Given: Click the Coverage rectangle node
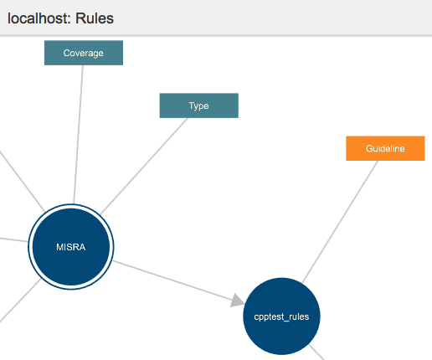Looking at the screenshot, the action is pos(84,53).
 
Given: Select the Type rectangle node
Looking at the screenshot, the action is pos(199,105).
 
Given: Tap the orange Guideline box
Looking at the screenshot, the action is pos(385,148).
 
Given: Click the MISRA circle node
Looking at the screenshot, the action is pos(71,247).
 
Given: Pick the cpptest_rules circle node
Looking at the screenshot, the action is pos(281,316).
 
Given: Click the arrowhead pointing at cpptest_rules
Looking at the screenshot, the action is pos(237,301).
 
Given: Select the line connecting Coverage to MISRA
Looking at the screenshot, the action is pos(79,135).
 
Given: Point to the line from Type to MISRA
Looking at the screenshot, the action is pos(144,166).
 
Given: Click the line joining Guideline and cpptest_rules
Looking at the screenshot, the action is pos(340,222).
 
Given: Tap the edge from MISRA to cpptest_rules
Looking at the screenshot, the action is pos(178,282).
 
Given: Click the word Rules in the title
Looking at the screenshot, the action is pos(95,18).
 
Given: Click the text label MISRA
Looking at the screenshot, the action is pos(71,247).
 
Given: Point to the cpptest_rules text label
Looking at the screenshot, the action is pos(281,316).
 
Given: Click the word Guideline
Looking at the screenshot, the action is pos(385,148).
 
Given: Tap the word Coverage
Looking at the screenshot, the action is pos(84,53).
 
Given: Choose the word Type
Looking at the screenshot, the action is pos(199,105).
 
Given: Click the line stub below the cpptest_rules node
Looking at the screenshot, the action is pos(316,352).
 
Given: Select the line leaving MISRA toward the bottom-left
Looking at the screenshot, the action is pos(20,301).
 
